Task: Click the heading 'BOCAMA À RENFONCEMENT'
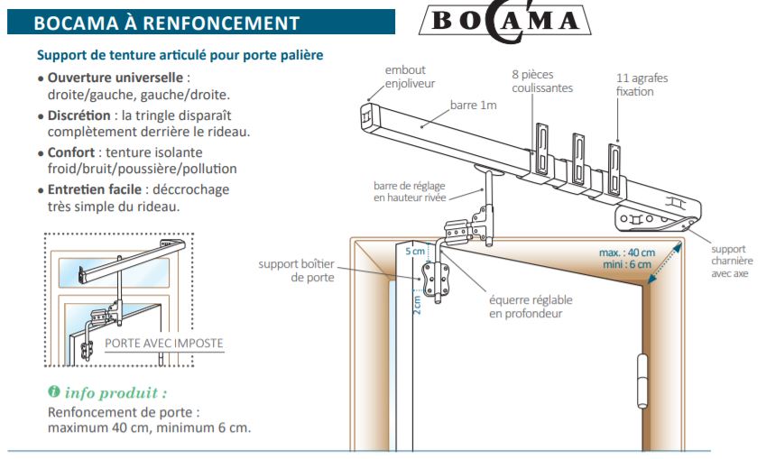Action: click(x=166, y=22)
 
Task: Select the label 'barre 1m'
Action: click(x=473, y=106)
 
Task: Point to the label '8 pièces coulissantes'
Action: click(x=542, y=82)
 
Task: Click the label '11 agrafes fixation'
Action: click(x=641, y=85)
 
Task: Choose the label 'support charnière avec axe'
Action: click(x=729, y=262)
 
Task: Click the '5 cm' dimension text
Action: click(x=414, y=252)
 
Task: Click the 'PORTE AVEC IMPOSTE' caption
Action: click(x=163, y=343)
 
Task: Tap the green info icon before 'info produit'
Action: click(x=54, y=393)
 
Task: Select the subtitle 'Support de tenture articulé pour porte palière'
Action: click(x=180, y=56)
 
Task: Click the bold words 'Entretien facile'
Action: click(x=94, y=189)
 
